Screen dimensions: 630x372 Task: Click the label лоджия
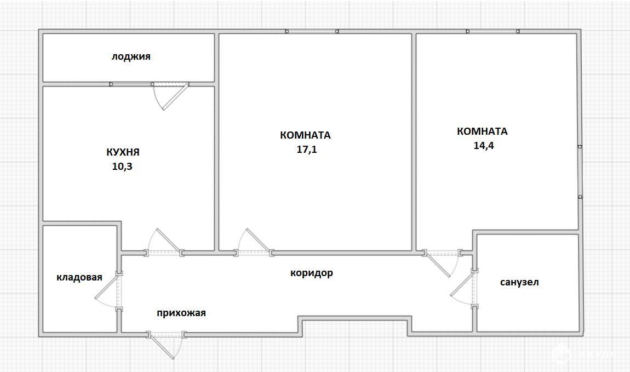pyautogui.click(x=131, y=56)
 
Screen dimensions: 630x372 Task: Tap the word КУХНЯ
pyautogui.click(x=123, y=152)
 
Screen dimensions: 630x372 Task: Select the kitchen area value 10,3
pyautogui.click(x=122, y=167)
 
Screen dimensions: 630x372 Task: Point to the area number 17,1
pyautogui.click(x=307, y=150)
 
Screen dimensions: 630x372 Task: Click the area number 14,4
pyautogui.click(x=484, y=145)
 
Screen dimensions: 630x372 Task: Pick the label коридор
pyautogui.click(x=311, y=273)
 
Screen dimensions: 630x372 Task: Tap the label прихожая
pyautogui.click(x=181, y=313)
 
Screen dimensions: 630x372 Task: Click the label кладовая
pyautogui.click(x=79, y=277)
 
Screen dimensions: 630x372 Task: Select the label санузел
pyautogui.click(x=519, y=282)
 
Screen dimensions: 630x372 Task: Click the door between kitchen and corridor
pyautogui.click(x=165, y=243)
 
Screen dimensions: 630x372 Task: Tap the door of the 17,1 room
pyautogui.click(x=254, y=243)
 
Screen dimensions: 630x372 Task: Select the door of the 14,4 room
pyautogui.click(x=442, y=262)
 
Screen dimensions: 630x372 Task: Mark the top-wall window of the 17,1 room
pyautogui.click(x=312, y=31)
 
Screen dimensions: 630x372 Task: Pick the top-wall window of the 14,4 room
pyautogui.click(x=492, y=31)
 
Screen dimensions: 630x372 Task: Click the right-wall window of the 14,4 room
pyautogui.click(x=580, y=172)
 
